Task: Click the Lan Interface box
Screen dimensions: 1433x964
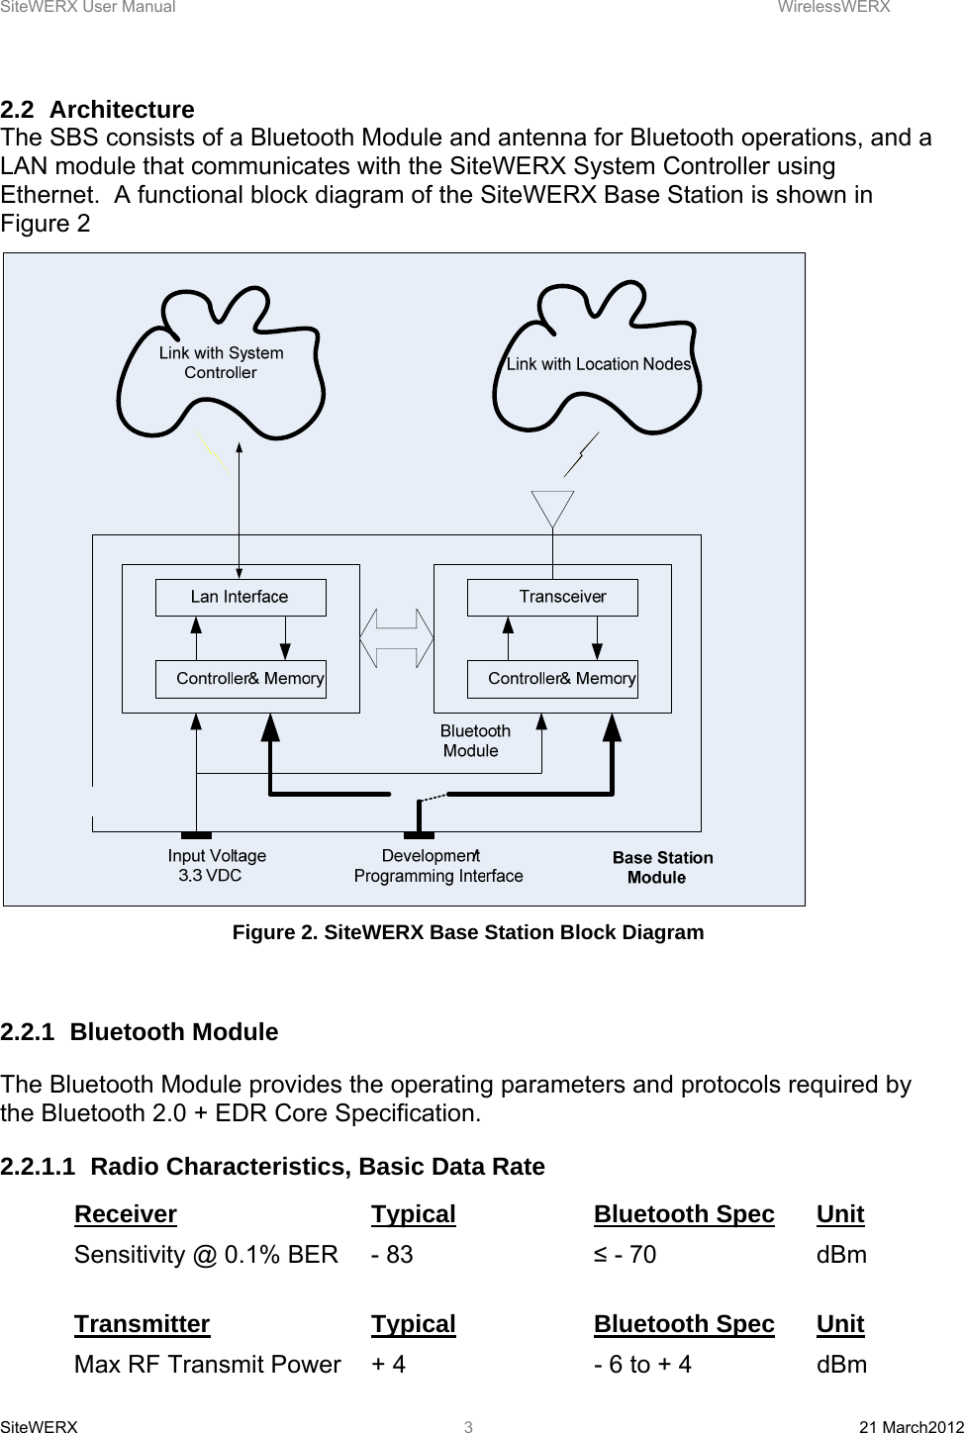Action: point(241,598)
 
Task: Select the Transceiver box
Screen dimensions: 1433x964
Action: point(552,598)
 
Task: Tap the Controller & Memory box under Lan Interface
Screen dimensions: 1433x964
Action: point(241,679)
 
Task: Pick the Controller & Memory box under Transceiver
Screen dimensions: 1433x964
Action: point(552,679)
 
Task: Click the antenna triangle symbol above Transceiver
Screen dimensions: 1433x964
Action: point(552,508)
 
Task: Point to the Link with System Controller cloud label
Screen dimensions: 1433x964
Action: point(221,363)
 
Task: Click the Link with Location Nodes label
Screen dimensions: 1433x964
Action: point(598,364)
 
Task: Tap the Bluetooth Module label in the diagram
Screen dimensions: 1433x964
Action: point(475,740)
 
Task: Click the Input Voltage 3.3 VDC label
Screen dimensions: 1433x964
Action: point(216,866)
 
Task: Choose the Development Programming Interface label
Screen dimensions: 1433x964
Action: point(437,866)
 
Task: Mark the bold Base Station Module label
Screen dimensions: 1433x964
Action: point(661,868)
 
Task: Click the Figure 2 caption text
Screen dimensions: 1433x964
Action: point(467,932)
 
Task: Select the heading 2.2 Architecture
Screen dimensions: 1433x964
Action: point(98,109)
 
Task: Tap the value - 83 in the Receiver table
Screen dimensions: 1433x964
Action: point(392,1255)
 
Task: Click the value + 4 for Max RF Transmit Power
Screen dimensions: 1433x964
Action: point(388,1365)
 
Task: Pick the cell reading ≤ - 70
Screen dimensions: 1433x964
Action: point(625,1255)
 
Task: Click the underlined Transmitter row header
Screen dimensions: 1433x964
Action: point(142,1324)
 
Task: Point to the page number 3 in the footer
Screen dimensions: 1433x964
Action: point(469,1427)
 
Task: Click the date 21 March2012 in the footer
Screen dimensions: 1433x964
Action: point(911,1427)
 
